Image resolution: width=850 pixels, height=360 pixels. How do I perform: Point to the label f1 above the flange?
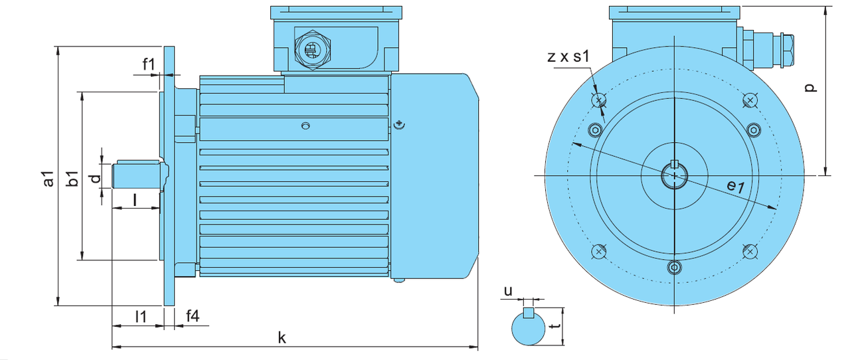pyautogui.click(x=149, y=64)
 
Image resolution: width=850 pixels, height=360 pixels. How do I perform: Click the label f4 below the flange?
pyautogui.click(x=192, y=316)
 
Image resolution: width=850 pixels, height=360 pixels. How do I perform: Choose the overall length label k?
pyautogui.click(x=282, y=337)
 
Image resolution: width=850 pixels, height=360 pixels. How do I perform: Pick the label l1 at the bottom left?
pyautogui.click(x=141, y=316)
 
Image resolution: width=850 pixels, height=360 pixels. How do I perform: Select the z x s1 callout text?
pyautogui.click(x=568, y=57)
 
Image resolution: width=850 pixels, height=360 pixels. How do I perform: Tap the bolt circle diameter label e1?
pyautogui.click(x=734, y=187)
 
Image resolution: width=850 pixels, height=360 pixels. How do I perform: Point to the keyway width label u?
pyautogui.click(x=508, y=291)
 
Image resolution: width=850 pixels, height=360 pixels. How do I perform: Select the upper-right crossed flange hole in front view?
pyautogui.click(x=750, y=100)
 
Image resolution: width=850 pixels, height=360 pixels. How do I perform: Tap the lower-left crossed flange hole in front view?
pyautogui.click(x=599, y=251)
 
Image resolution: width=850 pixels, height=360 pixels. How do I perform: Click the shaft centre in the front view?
pyautogui.click(x=675, y=176)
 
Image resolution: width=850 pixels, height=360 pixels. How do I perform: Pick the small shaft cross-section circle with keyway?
pyautogui.click(x=529, y=328)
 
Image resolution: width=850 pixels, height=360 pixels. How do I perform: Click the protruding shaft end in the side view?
pyautogui.click(x=136, y=175)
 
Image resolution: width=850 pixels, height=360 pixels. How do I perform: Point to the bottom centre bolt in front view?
pyautogui.click(x=675, y=267)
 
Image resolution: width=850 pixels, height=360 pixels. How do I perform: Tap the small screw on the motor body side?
pyautogui.click(x=305, y=126)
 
